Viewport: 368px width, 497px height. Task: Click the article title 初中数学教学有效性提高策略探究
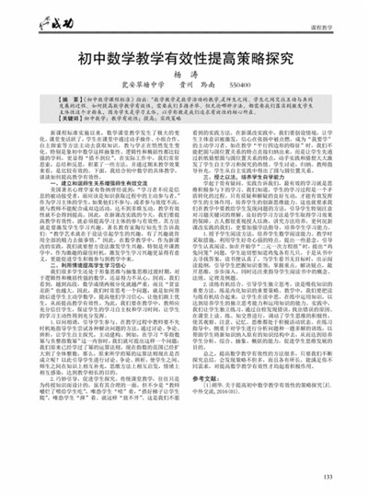pos(184,55)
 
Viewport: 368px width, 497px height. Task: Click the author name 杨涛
pos(184,73)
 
